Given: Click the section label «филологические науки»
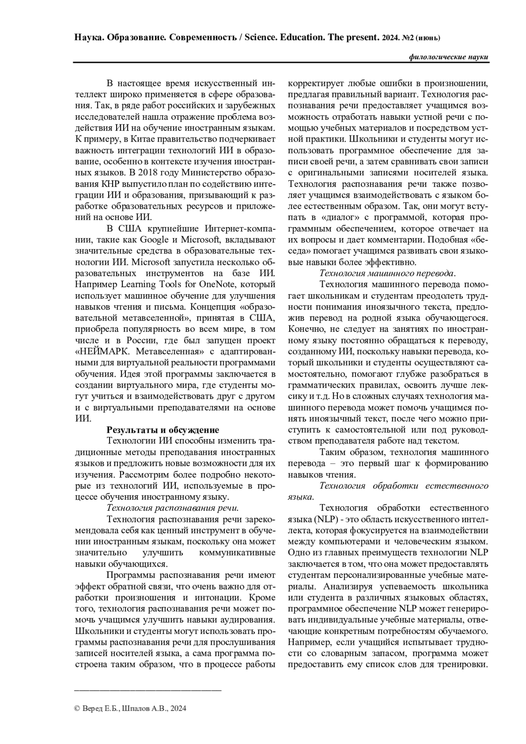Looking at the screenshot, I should (x=448, y=57).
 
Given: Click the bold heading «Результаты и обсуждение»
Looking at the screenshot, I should (x=163, y=430).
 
